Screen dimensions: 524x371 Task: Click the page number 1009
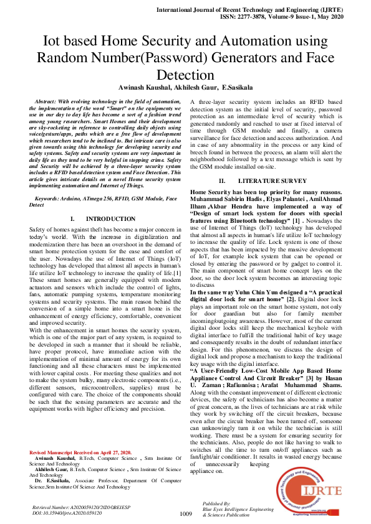(x=185, y=513)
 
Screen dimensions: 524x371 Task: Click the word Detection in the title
(x=185, y=75)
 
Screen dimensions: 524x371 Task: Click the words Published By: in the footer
(x=218, y=503)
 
